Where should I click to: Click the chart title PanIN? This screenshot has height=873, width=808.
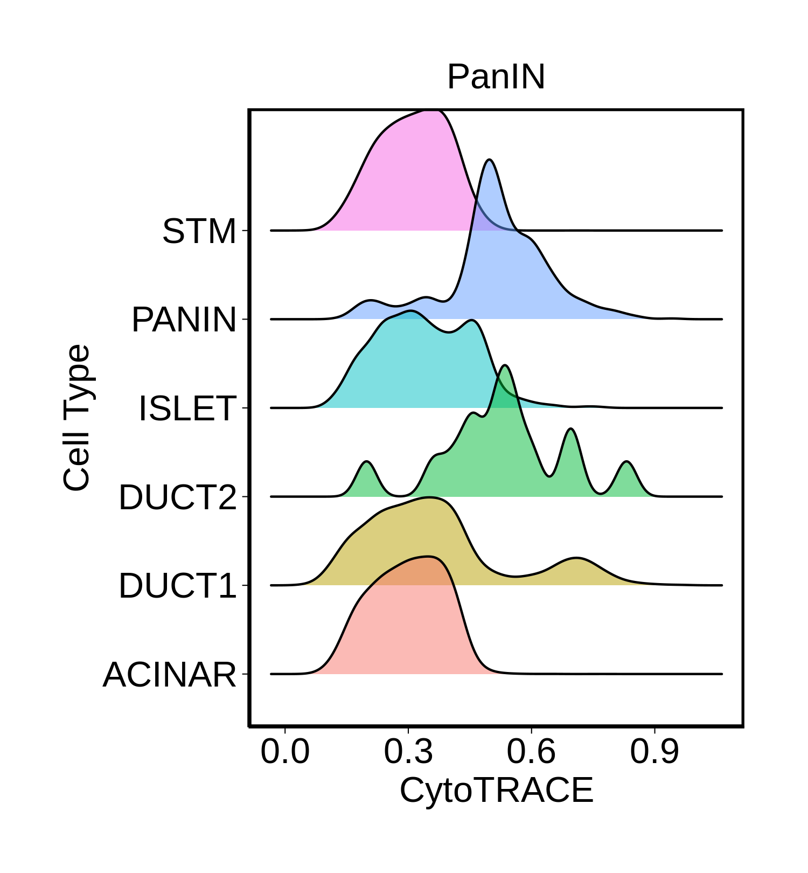496,77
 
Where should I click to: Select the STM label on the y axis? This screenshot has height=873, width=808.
199,231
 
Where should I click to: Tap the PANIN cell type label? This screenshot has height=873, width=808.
184,320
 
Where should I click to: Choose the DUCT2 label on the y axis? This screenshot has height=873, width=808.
178,497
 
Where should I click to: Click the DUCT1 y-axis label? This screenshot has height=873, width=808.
178,586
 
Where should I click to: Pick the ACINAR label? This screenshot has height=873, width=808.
170,674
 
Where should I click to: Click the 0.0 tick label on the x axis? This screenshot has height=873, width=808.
285,752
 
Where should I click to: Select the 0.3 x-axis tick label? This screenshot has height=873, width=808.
408,752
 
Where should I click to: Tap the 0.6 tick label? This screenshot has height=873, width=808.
531,752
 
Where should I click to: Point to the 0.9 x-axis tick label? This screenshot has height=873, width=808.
654,752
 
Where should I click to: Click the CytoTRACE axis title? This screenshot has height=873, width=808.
496,791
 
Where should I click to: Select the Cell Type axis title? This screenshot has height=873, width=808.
76,418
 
